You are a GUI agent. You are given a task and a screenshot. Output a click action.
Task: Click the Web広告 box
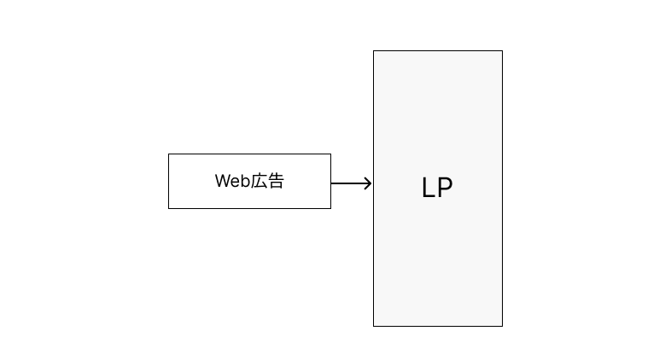click(249, 182)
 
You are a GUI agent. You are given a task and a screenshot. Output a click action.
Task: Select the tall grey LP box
click(438, 189)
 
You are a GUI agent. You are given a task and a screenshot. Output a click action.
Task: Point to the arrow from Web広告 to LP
click(352, 183)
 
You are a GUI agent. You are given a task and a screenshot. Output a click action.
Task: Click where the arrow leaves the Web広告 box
click(331, 183)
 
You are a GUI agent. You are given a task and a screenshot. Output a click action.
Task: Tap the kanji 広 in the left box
click(258, 181)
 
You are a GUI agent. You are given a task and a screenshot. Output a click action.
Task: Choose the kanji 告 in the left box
click(276, 181)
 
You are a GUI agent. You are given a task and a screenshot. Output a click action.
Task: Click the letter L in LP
click(428, 188)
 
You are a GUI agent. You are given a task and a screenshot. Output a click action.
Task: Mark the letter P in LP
click(445, 188)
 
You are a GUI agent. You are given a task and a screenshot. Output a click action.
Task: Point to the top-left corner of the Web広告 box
click(169, 154)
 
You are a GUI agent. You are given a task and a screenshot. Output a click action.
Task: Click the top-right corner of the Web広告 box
click(330, 154)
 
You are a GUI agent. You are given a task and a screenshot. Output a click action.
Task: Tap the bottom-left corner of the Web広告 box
click(169, 209)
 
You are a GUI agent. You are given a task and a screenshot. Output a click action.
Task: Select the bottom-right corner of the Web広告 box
click(330, 209)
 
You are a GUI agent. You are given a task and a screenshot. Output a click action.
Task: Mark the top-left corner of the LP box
click(374, 51)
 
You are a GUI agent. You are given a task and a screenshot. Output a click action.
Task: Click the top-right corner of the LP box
click(502, 51)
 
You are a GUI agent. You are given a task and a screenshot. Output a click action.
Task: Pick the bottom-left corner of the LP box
click(374, 326)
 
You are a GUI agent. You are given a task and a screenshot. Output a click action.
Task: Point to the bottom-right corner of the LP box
click(502, 326)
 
